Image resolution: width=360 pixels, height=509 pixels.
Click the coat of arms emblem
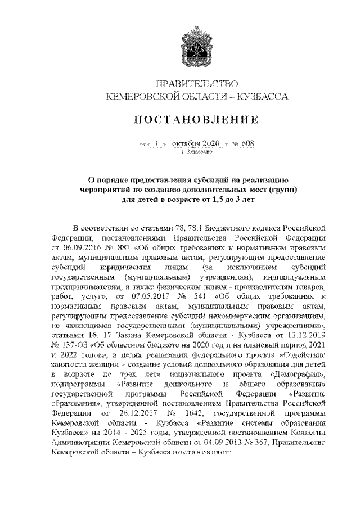[190, 50]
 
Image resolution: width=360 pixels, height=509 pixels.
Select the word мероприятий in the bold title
[113, 189]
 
